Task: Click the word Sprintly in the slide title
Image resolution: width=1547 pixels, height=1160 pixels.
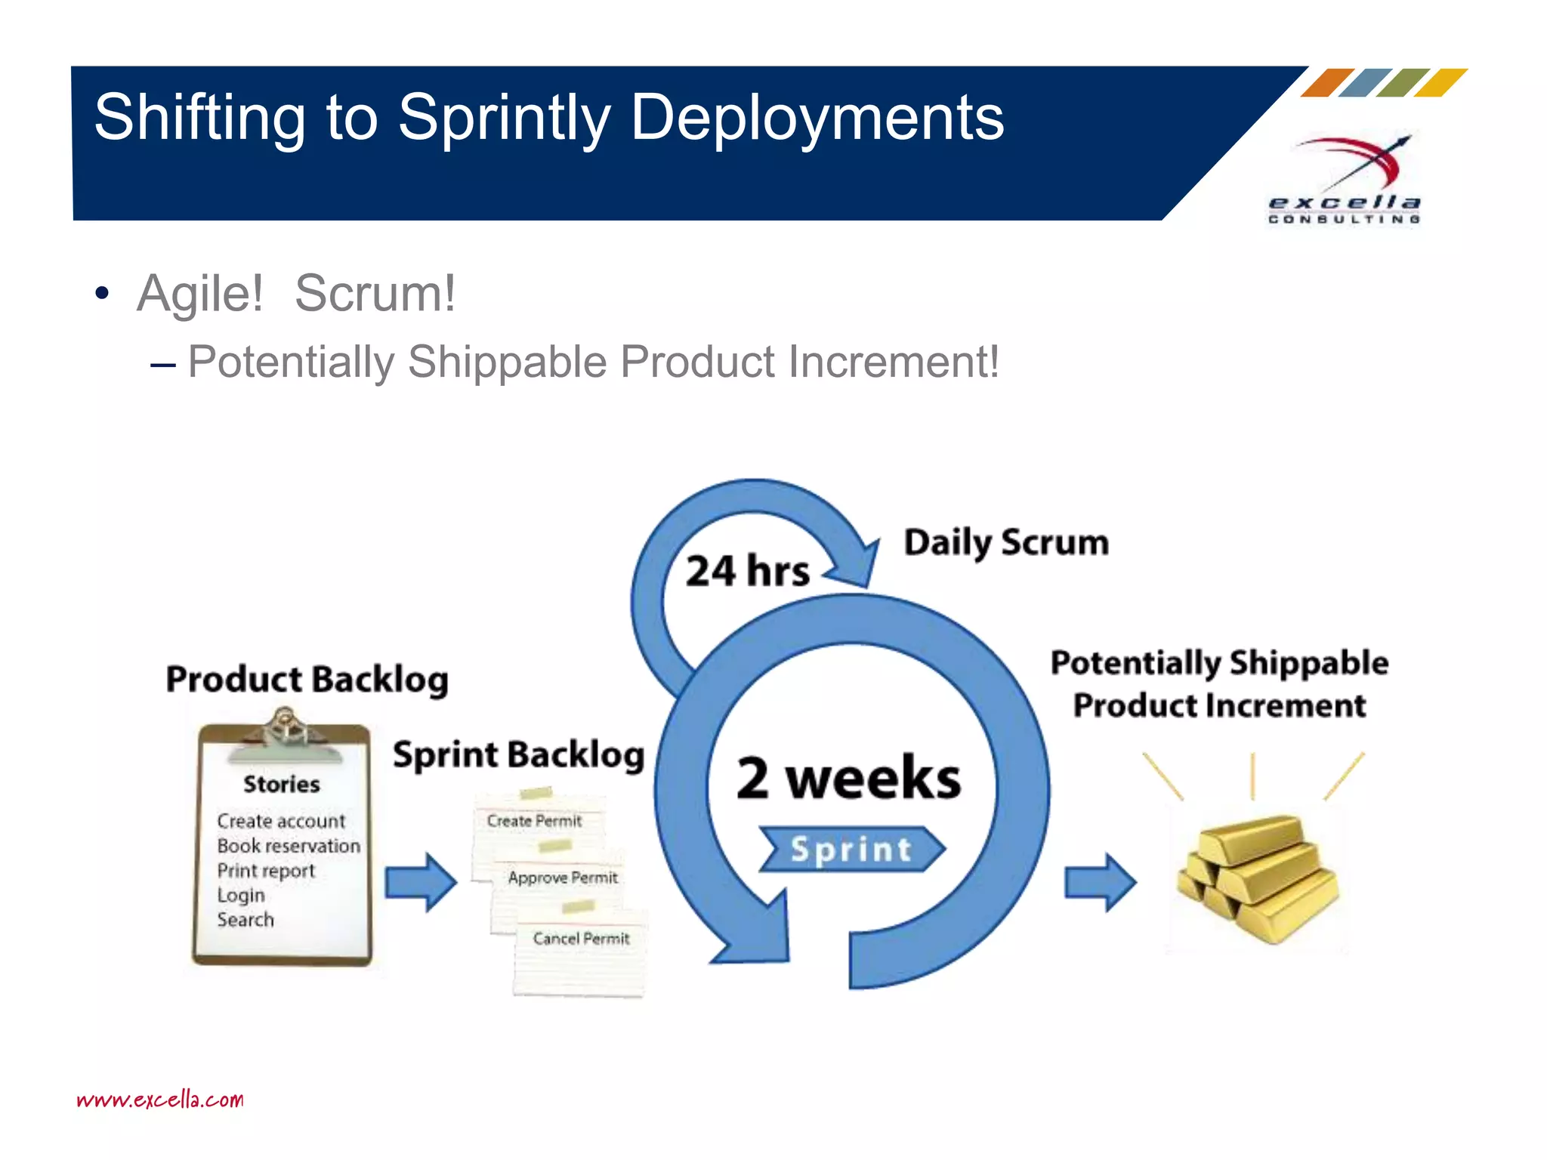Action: click(x=505, y=119)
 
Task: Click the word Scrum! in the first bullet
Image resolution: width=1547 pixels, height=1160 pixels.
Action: click(x=375, y=293)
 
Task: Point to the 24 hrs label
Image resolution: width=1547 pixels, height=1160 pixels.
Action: click(x=747, y=571)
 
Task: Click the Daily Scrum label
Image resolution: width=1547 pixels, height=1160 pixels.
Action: click(x=1006, y=543)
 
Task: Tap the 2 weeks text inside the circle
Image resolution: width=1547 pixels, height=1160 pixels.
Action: click(x=848, y=778)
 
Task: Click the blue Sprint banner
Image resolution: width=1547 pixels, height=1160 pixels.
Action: click(x=851, y=850)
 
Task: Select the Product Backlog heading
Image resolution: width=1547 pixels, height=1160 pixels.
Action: click(x=307, y=679)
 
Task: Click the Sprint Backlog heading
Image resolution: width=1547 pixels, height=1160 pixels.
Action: click(x=518, y=754)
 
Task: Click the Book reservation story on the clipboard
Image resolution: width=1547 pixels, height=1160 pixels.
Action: click(x=288, y=846)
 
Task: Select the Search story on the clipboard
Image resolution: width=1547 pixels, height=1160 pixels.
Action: click(x=245, y=920)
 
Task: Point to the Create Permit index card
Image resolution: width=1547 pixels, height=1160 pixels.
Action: click(x=535, y=821)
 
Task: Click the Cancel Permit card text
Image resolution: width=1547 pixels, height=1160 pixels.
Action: click(x=581, y=939)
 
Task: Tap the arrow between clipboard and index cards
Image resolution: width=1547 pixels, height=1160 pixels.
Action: click(x=421, y=882)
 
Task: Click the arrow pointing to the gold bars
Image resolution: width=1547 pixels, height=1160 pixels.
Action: click(x=1100, y=882)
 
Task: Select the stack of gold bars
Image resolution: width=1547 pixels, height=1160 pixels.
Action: click(x=1258, y=878)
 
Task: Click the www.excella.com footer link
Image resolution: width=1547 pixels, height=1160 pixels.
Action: click(x=160, y=1100)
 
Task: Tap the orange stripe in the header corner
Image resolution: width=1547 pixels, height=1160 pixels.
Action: click(x=1327, y=82)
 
